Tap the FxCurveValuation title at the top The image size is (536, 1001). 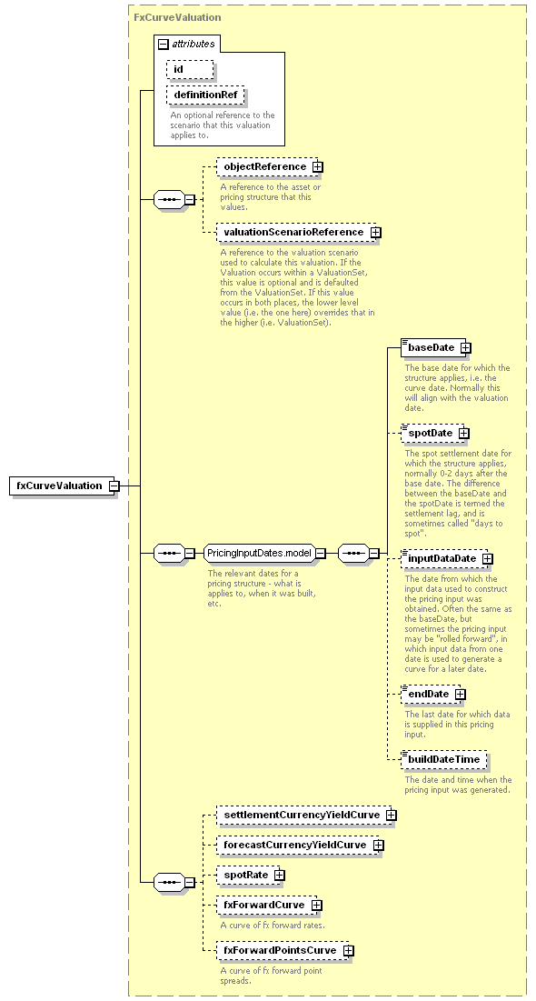coord(177,17)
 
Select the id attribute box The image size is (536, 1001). coord(190,70)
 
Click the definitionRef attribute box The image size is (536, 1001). coord(205,95)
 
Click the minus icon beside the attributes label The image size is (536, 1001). coord(164,44)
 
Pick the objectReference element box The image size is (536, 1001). coord(267,166)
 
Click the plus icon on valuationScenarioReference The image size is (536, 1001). coord(376,233)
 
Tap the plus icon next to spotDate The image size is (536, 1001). coord(464,434)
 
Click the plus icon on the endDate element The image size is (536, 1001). coord(460,694)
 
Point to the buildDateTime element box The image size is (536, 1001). coord(443,760)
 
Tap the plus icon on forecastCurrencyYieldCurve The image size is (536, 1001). coord(379,846)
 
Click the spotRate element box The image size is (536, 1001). coord(248,875)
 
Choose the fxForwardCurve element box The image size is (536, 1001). coord(267,906)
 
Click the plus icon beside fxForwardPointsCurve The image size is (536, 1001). coord(349,951)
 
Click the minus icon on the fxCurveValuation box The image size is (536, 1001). coord(114,485)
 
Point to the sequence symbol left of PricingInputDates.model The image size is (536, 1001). coord(170,553)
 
